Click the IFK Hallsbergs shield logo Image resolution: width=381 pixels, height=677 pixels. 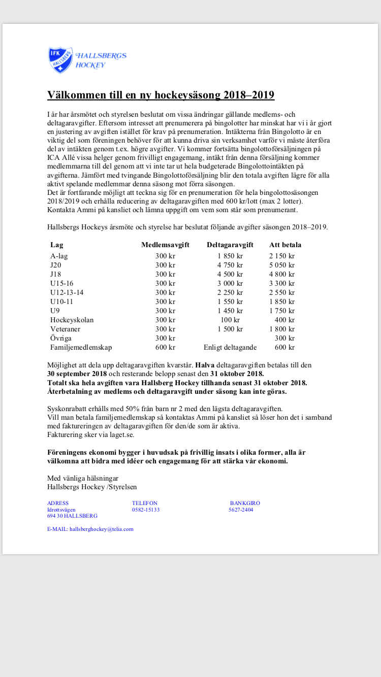tap(60, 60)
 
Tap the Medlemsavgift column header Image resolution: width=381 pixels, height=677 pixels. tap(165, 245)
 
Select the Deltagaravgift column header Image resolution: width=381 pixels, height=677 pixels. tap(230, 245)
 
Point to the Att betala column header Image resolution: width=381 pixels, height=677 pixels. tap(285, 245)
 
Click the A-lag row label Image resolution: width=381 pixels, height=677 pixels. tap(59, 256)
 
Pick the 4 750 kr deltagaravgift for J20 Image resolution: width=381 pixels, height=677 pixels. tap(230, 265)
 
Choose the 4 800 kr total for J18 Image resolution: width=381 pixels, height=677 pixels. tap(282, 274)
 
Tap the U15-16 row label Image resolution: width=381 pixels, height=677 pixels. tap(62, 283)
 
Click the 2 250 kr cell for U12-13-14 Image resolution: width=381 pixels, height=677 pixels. tap(230, 292)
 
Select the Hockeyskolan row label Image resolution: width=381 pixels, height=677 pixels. tap(72, 320)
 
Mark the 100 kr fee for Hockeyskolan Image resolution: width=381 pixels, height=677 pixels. tap(230, 320)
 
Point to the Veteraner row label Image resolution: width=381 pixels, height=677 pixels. tap(65, 329)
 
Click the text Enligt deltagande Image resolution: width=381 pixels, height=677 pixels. tap(230, 348)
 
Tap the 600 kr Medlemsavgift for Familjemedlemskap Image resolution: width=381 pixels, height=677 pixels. tap(165, 348)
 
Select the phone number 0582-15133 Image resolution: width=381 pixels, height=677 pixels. tap(146, 510)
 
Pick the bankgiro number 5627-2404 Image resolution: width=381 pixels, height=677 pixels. tap(241, 510)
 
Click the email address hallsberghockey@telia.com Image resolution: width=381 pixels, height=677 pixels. tap(101, 529)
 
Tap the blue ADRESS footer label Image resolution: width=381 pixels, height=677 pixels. tap(58, 503)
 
